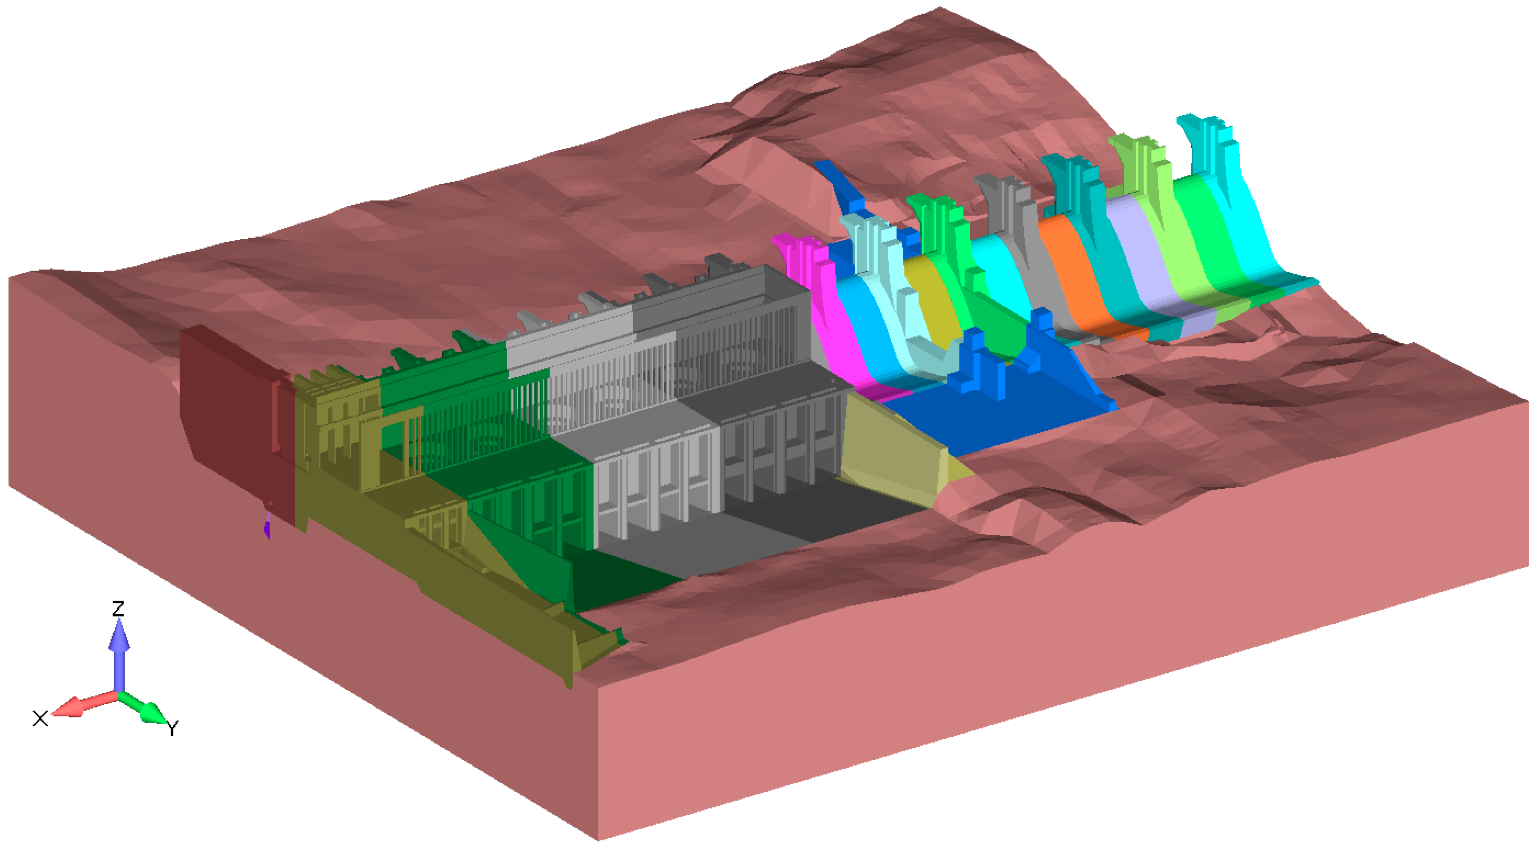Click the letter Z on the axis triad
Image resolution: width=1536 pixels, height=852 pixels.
pos(118,608)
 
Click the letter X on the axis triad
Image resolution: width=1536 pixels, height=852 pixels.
pos(40,718)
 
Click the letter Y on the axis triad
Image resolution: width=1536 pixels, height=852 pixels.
pos(172,728)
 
